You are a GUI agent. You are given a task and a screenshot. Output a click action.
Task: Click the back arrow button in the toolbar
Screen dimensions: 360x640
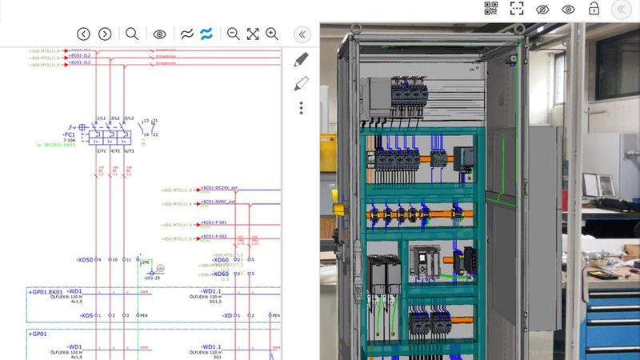(83, 34)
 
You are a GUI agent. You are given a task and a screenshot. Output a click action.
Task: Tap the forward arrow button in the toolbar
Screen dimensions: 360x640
(105, 34)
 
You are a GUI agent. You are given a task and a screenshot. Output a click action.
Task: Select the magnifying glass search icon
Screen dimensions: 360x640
(132, 34)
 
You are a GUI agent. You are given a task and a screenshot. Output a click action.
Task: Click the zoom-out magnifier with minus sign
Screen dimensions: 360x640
(233, 34)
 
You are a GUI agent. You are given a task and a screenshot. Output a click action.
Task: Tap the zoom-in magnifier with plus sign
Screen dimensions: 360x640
(272, 34)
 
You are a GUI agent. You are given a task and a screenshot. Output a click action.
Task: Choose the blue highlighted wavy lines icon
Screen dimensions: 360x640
(206, 34)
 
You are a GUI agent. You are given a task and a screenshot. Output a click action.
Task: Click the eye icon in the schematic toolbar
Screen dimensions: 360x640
(159, 34)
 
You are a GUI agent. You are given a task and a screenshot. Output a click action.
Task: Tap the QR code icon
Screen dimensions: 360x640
(491, 9)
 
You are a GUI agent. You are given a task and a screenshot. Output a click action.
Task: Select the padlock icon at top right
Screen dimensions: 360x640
(594, 9)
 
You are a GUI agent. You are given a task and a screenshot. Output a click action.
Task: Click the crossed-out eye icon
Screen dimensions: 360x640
(542, 9)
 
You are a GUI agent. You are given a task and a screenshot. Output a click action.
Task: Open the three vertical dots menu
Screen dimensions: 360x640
(302, 108)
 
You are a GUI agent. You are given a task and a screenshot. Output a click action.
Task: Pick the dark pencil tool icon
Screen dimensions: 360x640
(302, 59)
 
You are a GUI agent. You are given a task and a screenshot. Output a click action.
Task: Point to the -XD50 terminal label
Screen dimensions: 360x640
(84, 260)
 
